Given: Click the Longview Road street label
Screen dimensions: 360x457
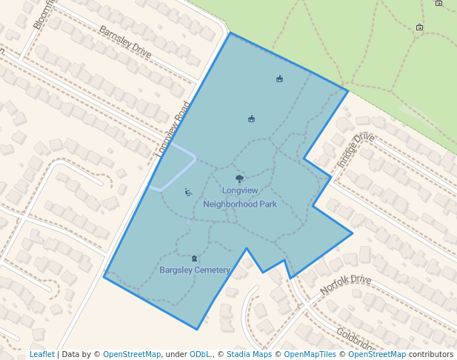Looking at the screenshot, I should click(x=174, y=130).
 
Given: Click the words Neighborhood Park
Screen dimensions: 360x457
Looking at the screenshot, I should click(x=239, y=204).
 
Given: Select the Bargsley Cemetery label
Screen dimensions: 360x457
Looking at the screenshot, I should click(x=195, y=270).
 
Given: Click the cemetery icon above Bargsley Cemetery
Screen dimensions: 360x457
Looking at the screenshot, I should click(x=195, y=259).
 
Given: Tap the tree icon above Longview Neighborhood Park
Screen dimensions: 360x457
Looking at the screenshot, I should click(x=239, y=179).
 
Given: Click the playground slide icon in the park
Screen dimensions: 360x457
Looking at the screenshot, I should click(x=188, y=193).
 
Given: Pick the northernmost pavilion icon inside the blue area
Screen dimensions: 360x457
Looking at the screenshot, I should click(x=279, y=79).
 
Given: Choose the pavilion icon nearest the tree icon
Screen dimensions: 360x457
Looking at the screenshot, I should click(x=251, y=119).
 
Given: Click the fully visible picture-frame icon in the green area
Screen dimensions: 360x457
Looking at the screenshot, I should click(x=420, y=28).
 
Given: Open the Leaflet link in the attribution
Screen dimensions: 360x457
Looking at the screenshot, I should click(x=41, y=354).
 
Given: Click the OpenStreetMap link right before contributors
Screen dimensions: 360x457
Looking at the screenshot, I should click(x=377, y=354).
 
